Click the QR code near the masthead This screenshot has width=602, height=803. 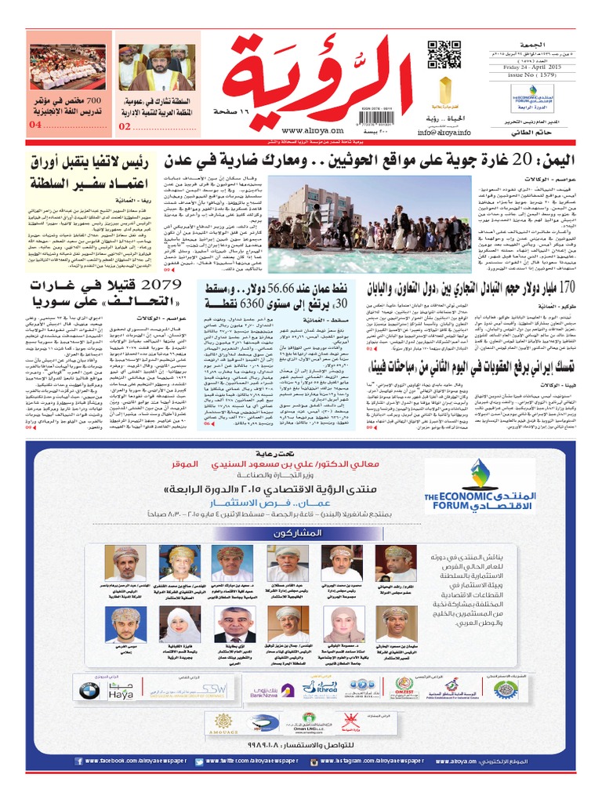pos(444,56)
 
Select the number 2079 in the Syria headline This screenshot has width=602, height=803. pos(163,288)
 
